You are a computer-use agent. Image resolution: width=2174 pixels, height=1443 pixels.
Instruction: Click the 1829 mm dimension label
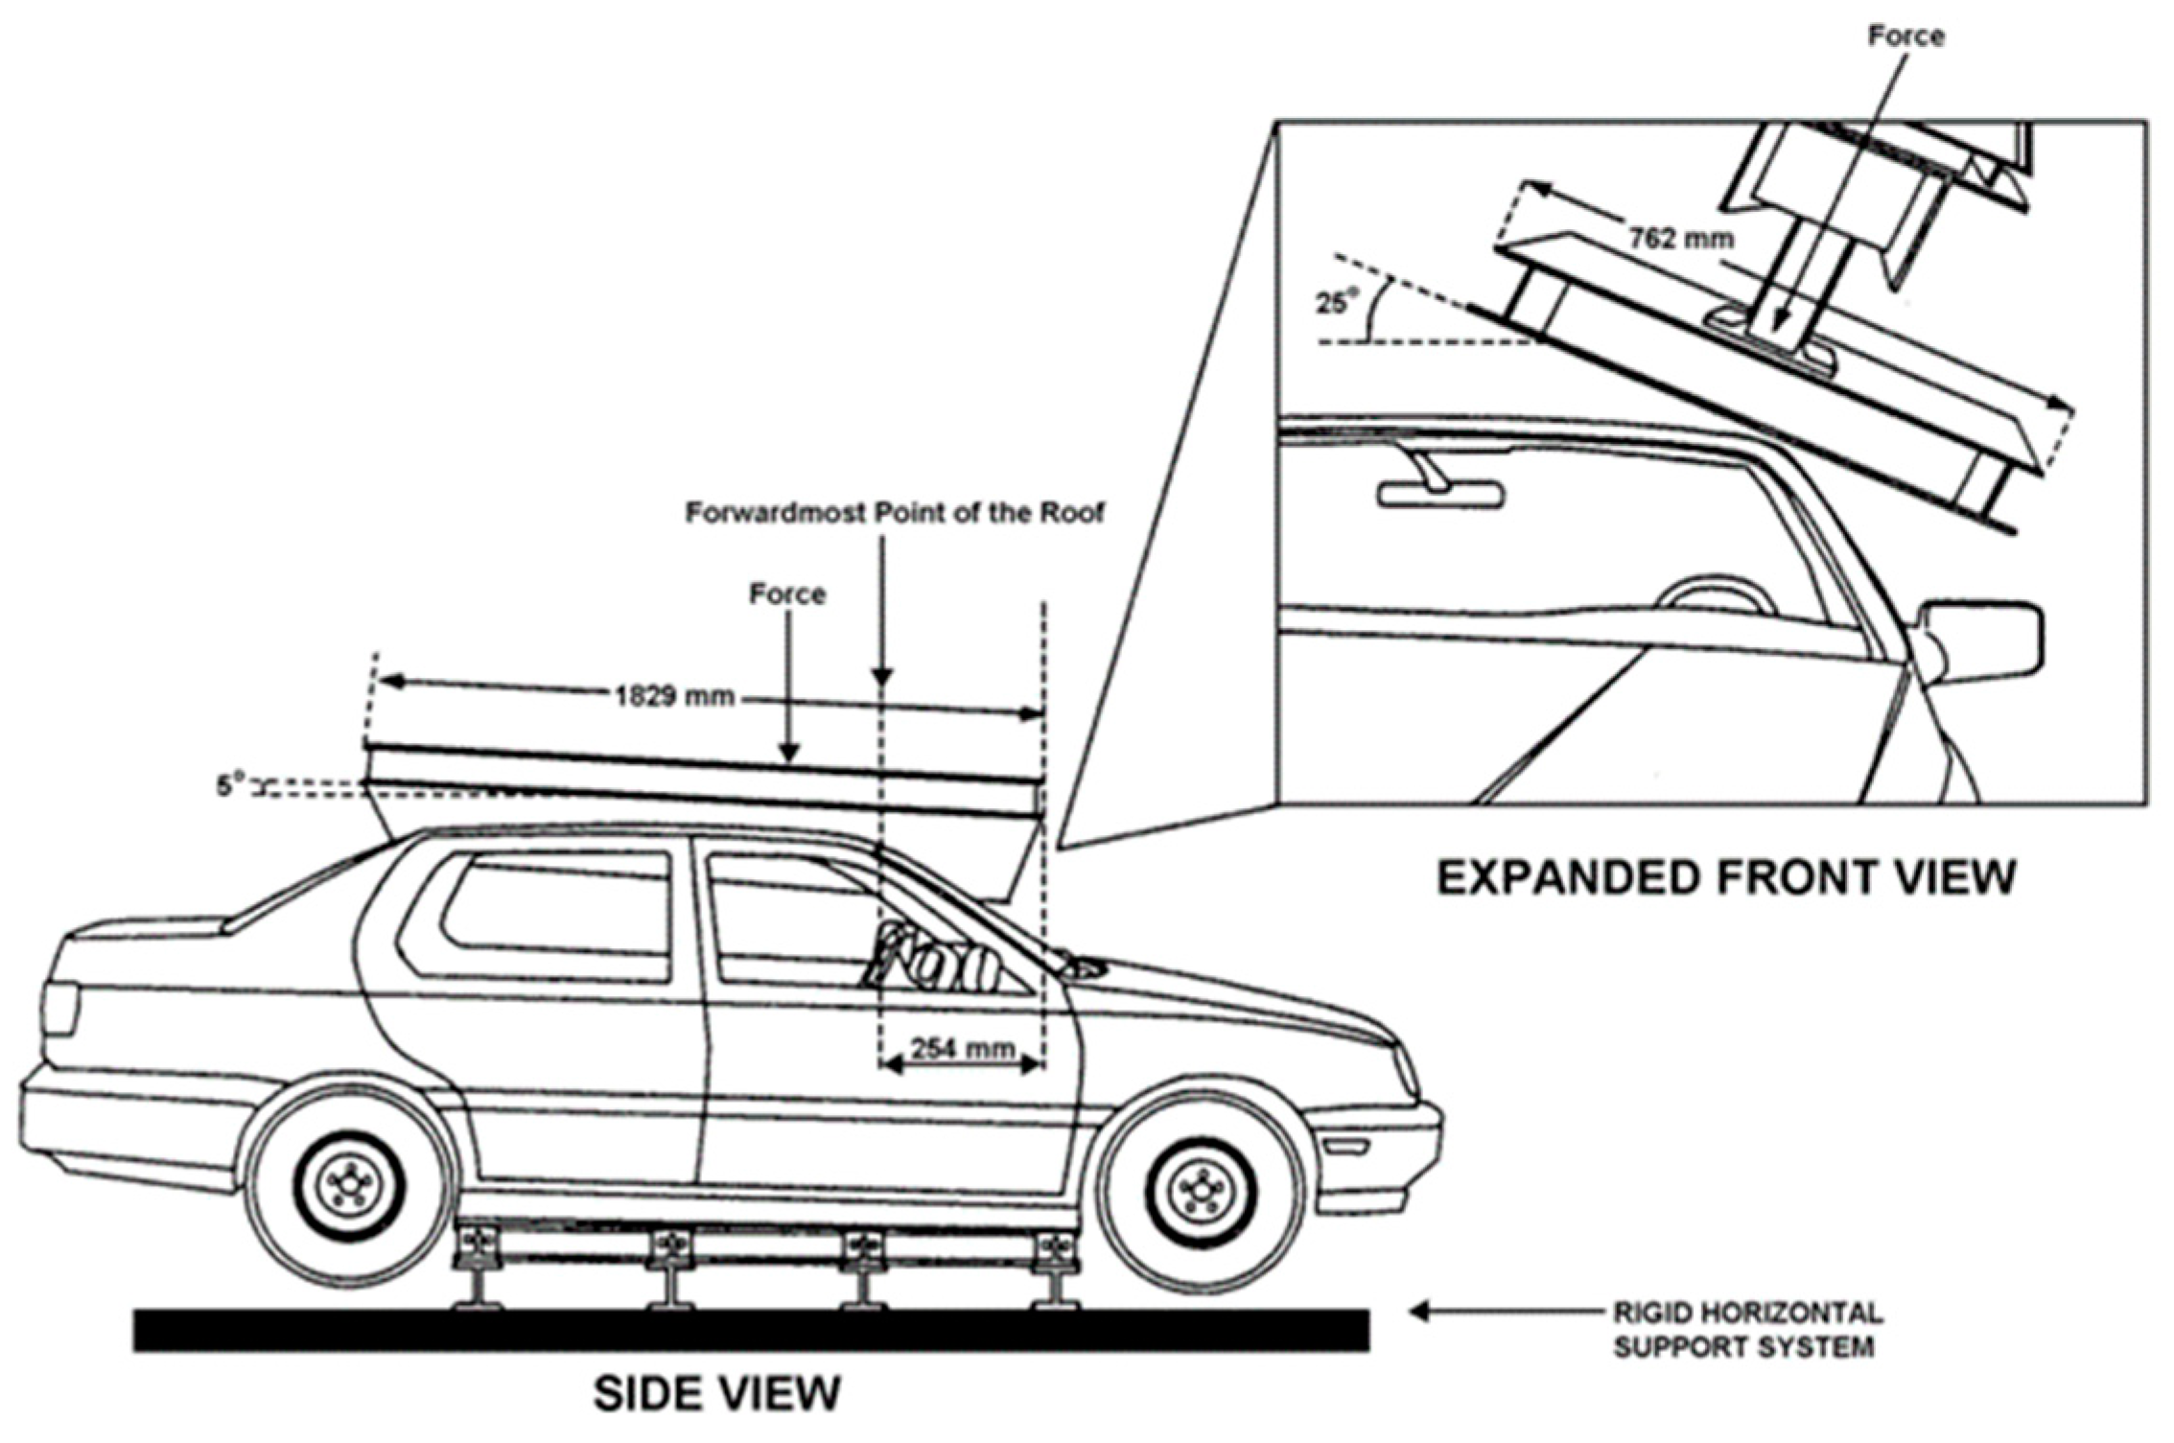click(x=674, y=695)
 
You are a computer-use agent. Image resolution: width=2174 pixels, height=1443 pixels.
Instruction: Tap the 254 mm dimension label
click(x=962, y=1048)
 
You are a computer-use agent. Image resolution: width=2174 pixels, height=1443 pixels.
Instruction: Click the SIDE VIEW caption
click(x=716, y=1393)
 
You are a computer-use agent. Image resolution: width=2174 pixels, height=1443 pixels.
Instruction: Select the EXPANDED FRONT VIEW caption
click(x=1725, y=877)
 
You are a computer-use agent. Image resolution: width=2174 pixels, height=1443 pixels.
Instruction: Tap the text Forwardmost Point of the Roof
click(x=894, y=513)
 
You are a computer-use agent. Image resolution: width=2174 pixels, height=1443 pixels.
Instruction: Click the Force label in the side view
click(x=787, y=594)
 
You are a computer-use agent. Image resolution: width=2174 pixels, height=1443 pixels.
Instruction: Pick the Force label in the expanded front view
click(x=1906, y=36)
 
